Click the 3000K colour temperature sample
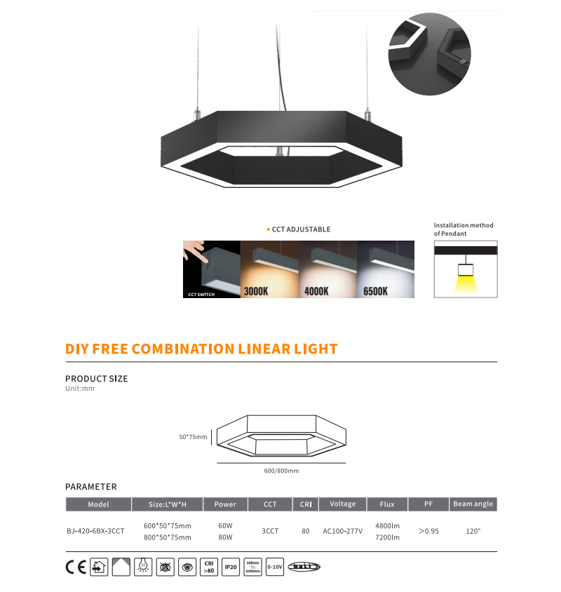pyautogui.click(x=270, y=269)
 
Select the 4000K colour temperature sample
pyautogui.click(x=328, y=269)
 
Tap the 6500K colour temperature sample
pyautogui.click(x=386, y=269)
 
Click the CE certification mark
pyautogui.click(x=75, y=567)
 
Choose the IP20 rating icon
pyautogui.click(x=231, y=567)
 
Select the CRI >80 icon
pyautogui.click(x=208, y=567)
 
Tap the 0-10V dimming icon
pyautogui.click(x=274, y=567)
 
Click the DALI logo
pyautogui.click(x=304, y=567)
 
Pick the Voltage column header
pyautogui.click(x=343, y=504)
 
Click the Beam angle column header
pyautogui.click(x=473, y=504)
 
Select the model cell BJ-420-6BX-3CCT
pyautogui.click(x=99, y=531)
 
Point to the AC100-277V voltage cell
pyautogui.click(x=343, y=531)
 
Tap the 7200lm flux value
pyautogui.click(x=387, y=537)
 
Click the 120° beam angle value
pyautogui.click(x=473, y=531)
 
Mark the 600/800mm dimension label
pyautogui.click(x=281, y=471)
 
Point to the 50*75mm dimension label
pyautogui.click(x=193, y=437)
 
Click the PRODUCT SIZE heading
pyautogui.click(x=97, y=379)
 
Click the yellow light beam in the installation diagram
pyautogui.click(x=465, y=283)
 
